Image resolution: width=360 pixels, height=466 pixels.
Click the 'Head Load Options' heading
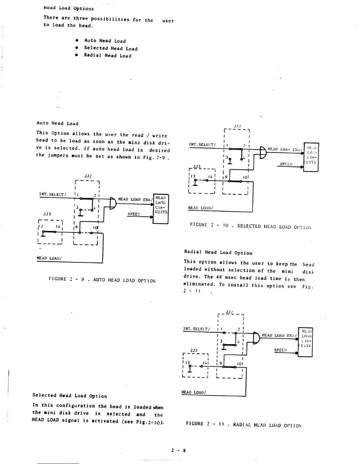69,8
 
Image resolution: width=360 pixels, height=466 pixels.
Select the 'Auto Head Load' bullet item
105,41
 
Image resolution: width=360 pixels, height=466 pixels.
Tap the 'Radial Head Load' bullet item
107,55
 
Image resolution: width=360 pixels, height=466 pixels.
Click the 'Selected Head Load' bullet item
111,48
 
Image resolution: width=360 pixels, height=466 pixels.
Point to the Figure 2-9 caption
102,280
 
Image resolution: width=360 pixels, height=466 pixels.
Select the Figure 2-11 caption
244,424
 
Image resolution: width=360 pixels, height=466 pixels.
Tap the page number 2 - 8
179,450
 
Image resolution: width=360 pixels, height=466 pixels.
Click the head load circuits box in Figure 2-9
161,209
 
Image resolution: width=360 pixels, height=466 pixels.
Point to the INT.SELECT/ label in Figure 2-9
53,194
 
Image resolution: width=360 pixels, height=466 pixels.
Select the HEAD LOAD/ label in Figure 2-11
194,392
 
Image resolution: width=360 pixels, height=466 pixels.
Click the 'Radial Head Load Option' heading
218,252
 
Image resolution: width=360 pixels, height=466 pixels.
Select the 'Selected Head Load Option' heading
70,396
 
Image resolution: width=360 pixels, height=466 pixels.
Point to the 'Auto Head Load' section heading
57,123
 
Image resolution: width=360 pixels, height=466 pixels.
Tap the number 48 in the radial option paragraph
219,277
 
